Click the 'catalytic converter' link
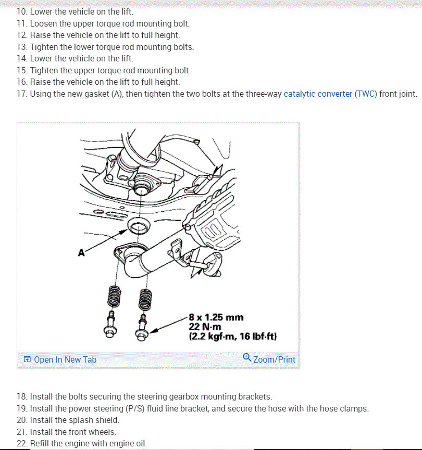318,94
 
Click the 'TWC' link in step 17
366,94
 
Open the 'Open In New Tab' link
60,359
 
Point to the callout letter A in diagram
81,253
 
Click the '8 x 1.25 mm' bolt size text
216,317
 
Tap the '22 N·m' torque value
205,327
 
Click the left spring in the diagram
116,297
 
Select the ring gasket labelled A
138,227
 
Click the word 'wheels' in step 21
102,432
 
